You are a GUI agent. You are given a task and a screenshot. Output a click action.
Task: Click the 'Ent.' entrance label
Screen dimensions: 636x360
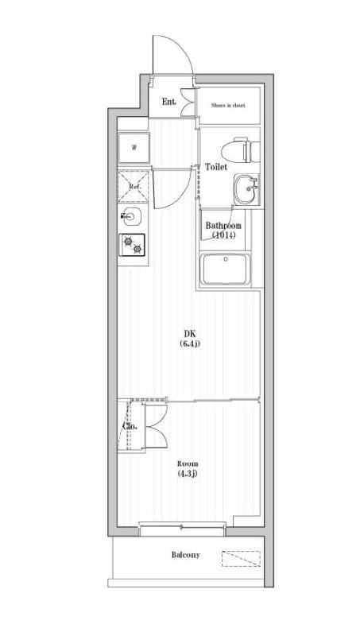168,102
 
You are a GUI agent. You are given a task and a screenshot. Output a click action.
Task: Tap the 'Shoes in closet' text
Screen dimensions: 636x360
227,103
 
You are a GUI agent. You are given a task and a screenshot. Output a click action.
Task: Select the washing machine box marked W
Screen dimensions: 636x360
134,147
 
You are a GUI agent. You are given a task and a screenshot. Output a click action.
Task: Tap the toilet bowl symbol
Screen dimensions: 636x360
239,148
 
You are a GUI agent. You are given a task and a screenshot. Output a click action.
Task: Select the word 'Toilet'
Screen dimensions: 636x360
216,168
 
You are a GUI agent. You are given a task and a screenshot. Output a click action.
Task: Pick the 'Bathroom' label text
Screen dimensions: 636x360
223,226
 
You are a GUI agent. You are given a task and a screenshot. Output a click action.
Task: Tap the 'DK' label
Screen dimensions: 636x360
189,333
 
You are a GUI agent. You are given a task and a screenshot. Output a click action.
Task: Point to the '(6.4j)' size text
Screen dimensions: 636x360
189,344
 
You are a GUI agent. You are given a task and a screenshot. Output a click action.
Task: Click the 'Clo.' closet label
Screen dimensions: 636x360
130,426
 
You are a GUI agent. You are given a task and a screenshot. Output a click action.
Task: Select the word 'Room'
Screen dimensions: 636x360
188,463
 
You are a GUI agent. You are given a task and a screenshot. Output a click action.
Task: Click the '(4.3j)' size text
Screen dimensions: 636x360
188,475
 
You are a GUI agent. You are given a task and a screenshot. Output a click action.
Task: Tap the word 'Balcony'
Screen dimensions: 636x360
185,555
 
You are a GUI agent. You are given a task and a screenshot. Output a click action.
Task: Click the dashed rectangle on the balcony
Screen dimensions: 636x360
240,558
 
